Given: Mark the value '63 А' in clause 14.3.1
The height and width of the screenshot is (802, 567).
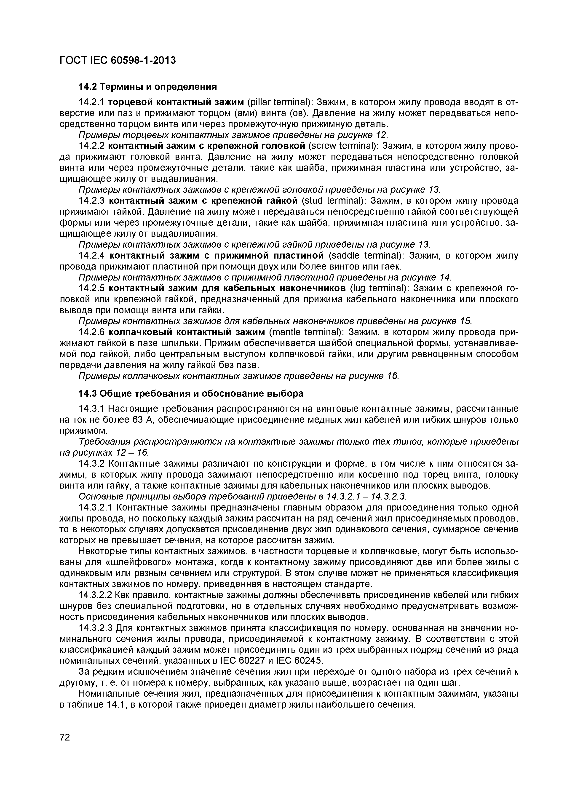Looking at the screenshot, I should [x=141, y=420].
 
